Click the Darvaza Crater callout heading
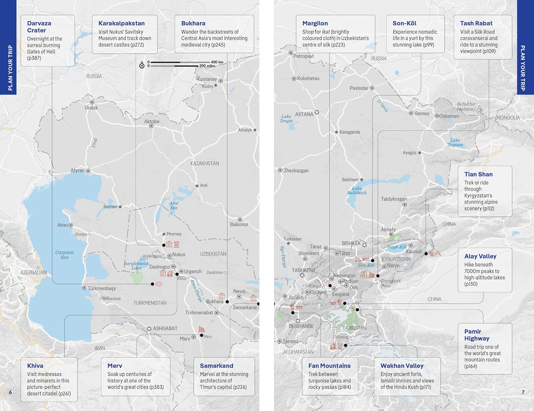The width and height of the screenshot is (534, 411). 39,27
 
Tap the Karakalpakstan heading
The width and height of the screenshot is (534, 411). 121,23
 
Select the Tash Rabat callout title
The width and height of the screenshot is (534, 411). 476,23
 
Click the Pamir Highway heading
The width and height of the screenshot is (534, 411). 477,335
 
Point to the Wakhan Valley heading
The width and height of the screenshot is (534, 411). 402,366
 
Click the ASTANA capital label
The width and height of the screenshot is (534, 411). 304,114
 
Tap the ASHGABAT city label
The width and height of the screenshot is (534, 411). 165,328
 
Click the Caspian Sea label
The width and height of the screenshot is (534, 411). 64,255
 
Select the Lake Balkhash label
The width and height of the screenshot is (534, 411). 357,191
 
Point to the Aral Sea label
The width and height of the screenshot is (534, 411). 173,205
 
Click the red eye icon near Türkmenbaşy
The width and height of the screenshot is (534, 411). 159,284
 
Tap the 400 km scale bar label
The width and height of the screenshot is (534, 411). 217,62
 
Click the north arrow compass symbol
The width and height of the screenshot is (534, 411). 142,66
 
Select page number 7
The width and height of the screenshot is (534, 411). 523,392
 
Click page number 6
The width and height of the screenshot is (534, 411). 10,392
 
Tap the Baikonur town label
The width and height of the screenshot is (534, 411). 239,224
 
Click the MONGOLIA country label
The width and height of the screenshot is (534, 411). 508,118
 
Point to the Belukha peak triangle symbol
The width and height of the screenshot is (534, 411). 479,108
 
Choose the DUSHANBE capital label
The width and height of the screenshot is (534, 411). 301,326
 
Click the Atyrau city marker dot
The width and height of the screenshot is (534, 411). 88,171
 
